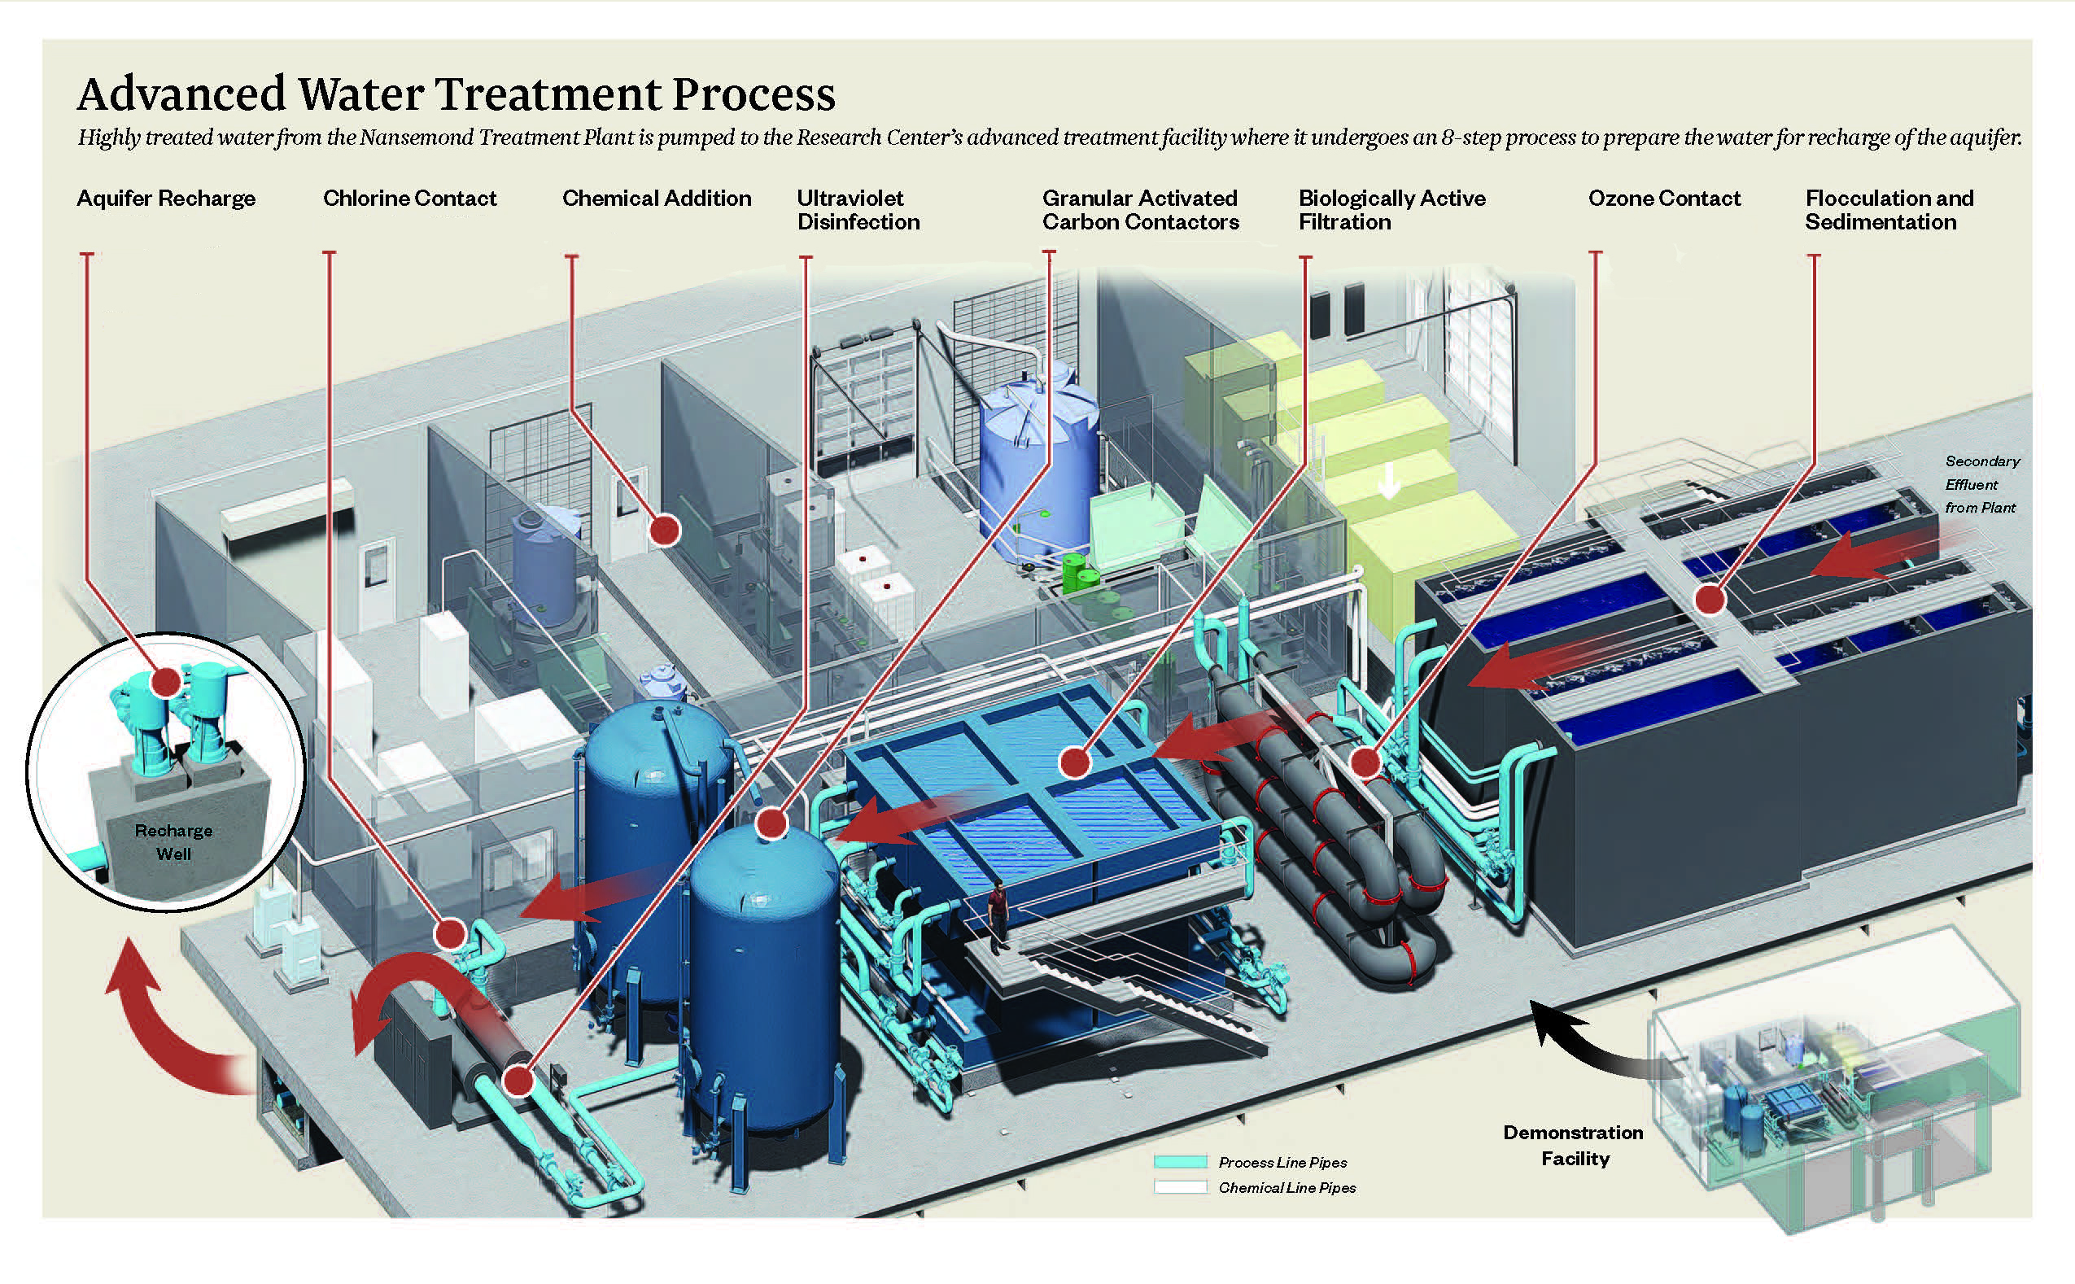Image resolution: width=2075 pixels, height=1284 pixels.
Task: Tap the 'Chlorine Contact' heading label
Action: [409, 199]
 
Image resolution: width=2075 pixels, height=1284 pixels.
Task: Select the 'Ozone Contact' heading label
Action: [1663, 199]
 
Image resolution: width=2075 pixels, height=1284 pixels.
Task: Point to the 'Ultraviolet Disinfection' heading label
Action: [858, 210]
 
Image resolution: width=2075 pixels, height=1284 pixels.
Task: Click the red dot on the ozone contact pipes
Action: [1365, 762]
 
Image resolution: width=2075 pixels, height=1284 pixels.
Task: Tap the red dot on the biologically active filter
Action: [1075, 762]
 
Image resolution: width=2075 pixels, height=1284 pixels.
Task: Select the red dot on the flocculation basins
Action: [1710, 601]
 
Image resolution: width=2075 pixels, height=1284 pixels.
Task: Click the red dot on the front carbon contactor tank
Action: [771, 823]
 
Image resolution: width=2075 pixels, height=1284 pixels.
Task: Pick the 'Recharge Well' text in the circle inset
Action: [173, 841]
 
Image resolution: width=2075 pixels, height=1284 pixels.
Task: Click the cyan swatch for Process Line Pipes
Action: [1179, 1161]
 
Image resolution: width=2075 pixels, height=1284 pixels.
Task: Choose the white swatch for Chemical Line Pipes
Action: [1179, 1186]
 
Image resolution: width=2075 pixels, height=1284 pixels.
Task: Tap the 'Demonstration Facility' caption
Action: [1573, 1145]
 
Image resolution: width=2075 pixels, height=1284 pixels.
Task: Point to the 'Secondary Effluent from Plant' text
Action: [1981, 484]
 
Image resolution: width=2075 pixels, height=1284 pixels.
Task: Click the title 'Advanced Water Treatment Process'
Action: [456, 94]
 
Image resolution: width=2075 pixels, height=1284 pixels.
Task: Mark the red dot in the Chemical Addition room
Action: [665, 530]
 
